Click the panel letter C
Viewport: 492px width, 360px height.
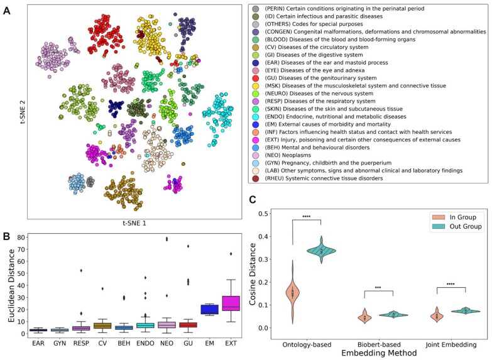click(x=252, y=200)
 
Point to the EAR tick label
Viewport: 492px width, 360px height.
click(x=38, y=345)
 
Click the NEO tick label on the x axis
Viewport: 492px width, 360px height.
click(x=148, y=345)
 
